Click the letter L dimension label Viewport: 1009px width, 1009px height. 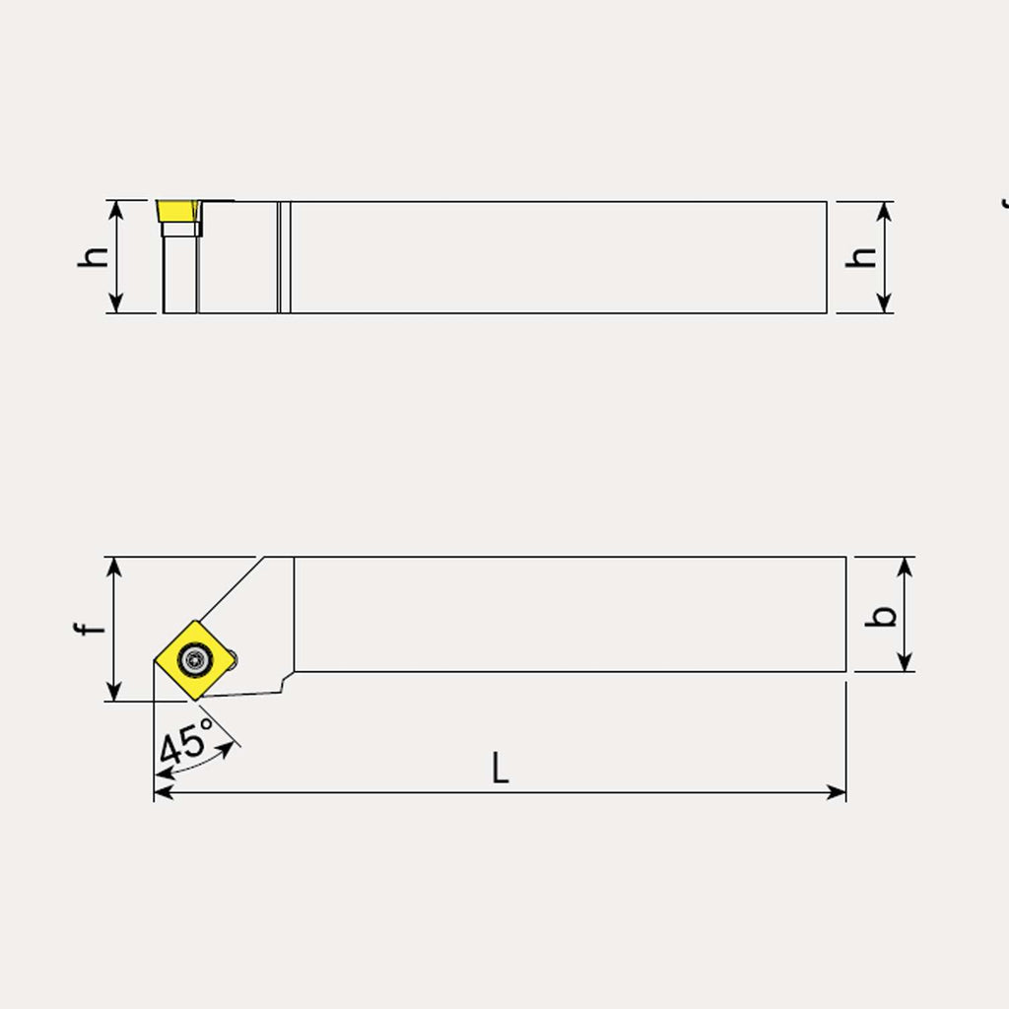(x=500, y=767)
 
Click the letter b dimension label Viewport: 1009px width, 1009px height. (x=880, y=616)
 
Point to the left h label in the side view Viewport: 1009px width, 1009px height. (x=93, y=257)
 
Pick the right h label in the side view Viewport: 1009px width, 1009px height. (x=861, y=257)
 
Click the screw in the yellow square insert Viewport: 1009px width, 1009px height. (x=194, y=659)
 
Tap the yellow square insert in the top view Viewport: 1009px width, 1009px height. (x=194, y=660)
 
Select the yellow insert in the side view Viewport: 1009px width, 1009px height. (x=178, y=211)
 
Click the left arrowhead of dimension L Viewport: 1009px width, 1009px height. (x=164, y=792)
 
